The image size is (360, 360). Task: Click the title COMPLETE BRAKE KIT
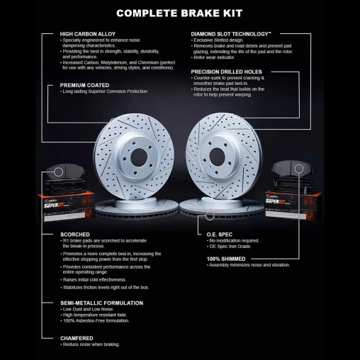point(180,12)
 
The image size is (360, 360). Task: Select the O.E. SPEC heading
point(220,233)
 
